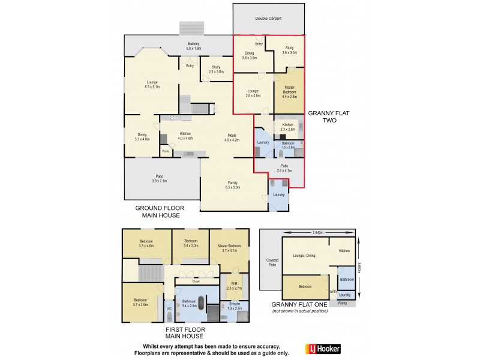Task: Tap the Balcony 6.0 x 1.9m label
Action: pyautogui.click(x=193, y=46)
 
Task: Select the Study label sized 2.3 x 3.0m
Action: pyautogui.click(x=216, y=69)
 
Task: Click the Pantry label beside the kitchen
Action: pyautogui.click(x=165, y=151)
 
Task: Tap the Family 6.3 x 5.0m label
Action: pyautogui.click(x=232, y=185)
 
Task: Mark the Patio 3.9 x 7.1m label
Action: pyautogui.click(x=159, y=178)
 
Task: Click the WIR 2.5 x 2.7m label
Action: pyautogui.click(x=233, y=286)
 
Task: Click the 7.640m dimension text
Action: pyautogui.click(x=317, y=232)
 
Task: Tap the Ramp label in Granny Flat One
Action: pyautogui.click(x=343, y=304)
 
